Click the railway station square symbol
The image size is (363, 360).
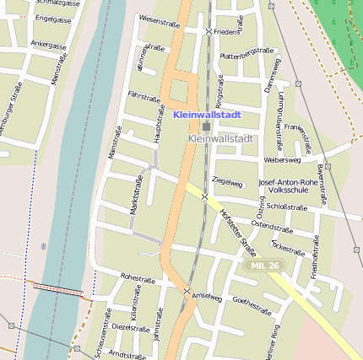point(207,126)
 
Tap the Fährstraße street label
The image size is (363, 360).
point(144,97)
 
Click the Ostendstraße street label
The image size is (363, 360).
point(271,226)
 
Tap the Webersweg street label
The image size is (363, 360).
point(282,159)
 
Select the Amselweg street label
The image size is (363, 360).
point(207,297)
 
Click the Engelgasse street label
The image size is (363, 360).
point(52,18)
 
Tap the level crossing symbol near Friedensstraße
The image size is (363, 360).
point(209,31)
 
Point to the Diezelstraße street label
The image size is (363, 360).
point(131,326)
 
